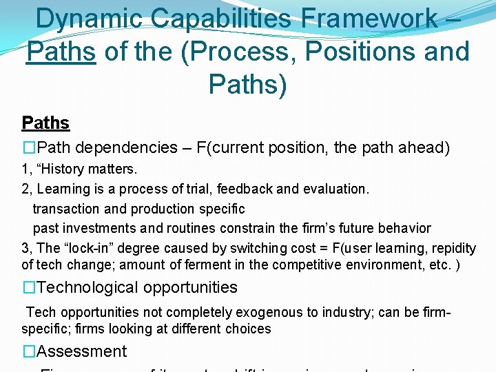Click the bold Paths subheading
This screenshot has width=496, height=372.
point(45,123)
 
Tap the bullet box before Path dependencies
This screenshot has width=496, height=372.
point(28,147)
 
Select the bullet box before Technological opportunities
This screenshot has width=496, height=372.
point(28,287)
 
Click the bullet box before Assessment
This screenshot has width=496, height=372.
point(28,351)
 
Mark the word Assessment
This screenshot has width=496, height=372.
point(81,351)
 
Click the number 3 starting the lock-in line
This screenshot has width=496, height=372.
point(25,248)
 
